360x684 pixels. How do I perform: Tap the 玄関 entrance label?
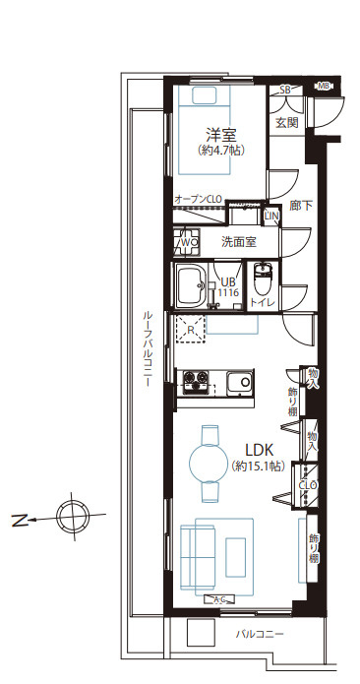tap(286, 123)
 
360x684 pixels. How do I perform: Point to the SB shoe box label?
tap(285, 91)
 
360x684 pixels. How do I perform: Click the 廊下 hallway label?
tap(302, 206)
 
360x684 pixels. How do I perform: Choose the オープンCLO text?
tap(197, 199)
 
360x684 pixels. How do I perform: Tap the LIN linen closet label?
tap(272, 215)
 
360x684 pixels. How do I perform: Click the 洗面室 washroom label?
tap(238, 241)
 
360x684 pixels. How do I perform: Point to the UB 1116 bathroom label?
tap(227, 286)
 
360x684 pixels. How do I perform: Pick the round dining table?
tap(209, 460)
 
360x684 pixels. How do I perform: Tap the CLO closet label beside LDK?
tap(307, 485)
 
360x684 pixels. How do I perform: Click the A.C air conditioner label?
tap(219, 599)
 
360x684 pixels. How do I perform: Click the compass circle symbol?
tap(70, 515)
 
